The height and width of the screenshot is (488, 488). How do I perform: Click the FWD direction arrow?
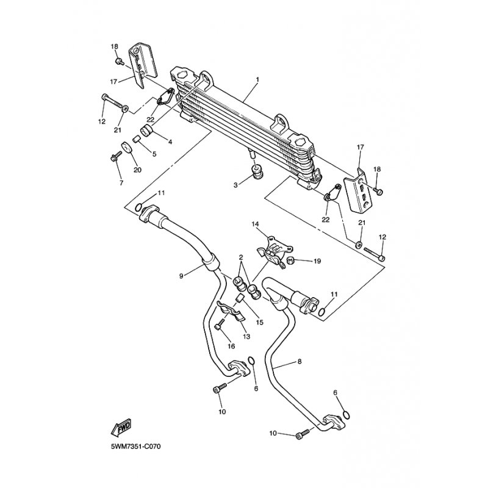point(121,427)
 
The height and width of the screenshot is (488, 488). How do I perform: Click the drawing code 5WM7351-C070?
point(135,447)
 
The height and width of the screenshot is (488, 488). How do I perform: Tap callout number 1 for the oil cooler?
point(257,80)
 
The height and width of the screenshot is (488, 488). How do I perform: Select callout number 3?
point(235,185)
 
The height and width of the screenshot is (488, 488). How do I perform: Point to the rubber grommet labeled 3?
point(257,173)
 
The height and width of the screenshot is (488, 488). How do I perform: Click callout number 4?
point(170,142)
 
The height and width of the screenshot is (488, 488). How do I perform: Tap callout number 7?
point(121,182)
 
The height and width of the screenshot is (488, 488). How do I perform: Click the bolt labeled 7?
point(116,156)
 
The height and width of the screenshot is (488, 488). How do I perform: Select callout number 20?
point(137,170)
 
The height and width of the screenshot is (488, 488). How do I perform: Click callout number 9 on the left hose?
point(181,275)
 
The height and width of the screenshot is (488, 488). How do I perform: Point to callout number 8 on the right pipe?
point(300,361)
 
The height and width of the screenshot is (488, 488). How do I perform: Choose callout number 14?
point(255,224)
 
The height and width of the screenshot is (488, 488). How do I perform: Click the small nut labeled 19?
point(291,260)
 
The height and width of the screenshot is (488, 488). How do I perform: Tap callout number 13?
point(246,337)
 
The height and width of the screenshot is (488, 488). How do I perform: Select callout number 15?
point(260,322)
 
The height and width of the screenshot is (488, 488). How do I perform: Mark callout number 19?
point(317,261)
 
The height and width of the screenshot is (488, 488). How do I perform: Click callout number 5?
point(154,154)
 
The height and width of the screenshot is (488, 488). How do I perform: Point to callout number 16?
point(231,346)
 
